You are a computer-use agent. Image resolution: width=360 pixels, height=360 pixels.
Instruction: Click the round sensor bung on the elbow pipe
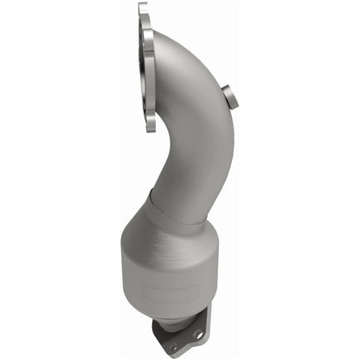click(230, 97)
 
